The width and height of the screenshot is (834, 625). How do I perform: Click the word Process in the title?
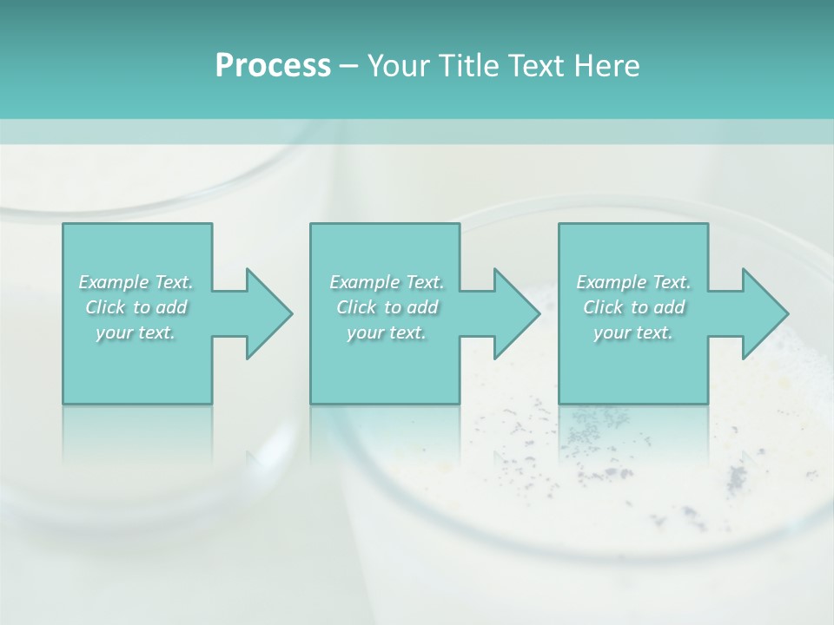[x=273, y=66]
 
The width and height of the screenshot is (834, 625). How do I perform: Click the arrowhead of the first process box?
[x=268, y=313]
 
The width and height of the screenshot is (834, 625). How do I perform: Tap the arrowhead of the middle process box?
[x=516, y=313]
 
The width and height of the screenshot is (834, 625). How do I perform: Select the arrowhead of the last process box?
[x=764, y=313]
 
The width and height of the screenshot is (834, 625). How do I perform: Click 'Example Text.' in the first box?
[x=136, y=282]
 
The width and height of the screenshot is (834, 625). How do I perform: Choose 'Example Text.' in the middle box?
[x=387, y=282]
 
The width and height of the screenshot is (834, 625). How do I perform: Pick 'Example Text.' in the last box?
[x=633, y=282]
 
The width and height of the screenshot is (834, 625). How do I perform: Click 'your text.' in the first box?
[x=136, y=332]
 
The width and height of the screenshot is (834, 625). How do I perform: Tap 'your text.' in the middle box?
[x=387, y=332]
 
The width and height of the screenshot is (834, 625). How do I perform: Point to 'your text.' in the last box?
[x=633, y=332]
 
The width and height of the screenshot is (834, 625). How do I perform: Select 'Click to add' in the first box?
[x=136, y=307]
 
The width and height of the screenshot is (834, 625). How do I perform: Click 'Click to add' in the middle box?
[x=387, y=307]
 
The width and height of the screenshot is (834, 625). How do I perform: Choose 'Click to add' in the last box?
[x=633, y=307]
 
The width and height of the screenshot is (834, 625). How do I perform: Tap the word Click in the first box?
[x=105, y=307]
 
